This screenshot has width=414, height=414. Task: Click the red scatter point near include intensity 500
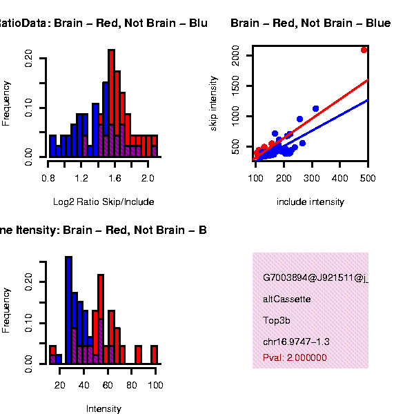click(x=364, y=50)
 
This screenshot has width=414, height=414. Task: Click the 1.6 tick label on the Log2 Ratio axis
click(x=114, y=177)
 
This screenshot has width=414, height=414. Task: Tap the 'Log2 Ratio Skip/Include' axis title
click(x=103, y=202)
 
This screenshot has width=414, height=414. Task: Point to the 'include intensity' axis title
click(x=310, y=202)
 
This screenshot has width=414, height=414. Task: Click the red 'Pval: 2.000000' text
click(x=295, y=357)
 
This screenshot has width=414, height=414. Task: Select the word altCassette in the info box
click(x=286, y=299)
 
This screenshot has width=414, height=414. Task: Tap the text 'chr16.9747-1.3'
click(x=296, y=342)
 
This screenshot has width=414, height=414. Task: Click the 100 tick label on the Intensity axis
click(x=155, y=384)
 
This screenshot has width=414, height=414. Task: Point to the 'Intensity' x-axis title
click(x=103, y=408)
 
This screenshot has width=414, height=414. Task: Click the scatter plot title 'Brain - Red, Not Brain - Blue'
click(x=310, y=24)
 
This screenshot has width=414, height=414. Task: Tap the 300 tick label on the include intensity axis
click(x=284, y=177)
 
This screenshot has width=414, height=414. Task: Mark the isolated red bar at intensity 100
click(x=155, y=354)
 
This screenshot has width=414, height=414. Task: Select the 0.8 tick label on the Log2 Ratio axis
click(x=48, y=177)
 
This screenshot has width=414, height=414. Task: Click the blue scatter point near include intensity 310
click(x=315, y=109)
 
